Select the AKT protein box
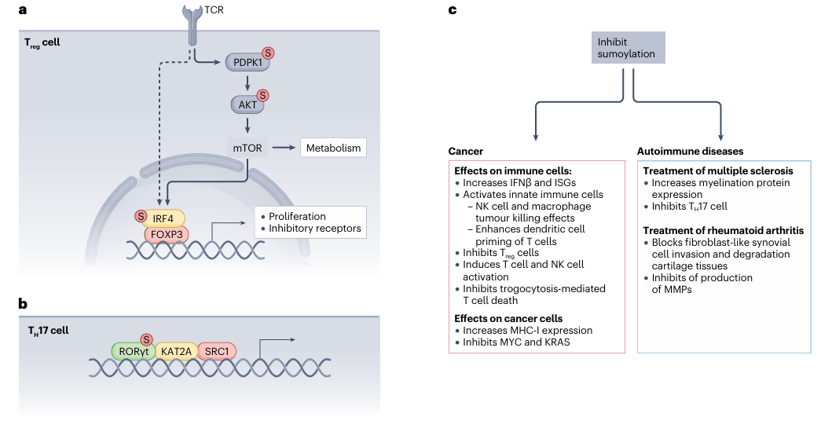[247, 104]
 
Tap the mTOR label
[247, 147]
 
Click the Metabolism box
[333, 147]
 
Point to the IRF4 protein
[163, 217]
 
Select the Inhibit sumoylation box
[629, 48]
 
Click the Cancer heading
[465, 151]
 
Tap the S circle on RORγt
[146, 339]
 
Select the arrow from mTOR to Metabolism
[285, 147]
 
